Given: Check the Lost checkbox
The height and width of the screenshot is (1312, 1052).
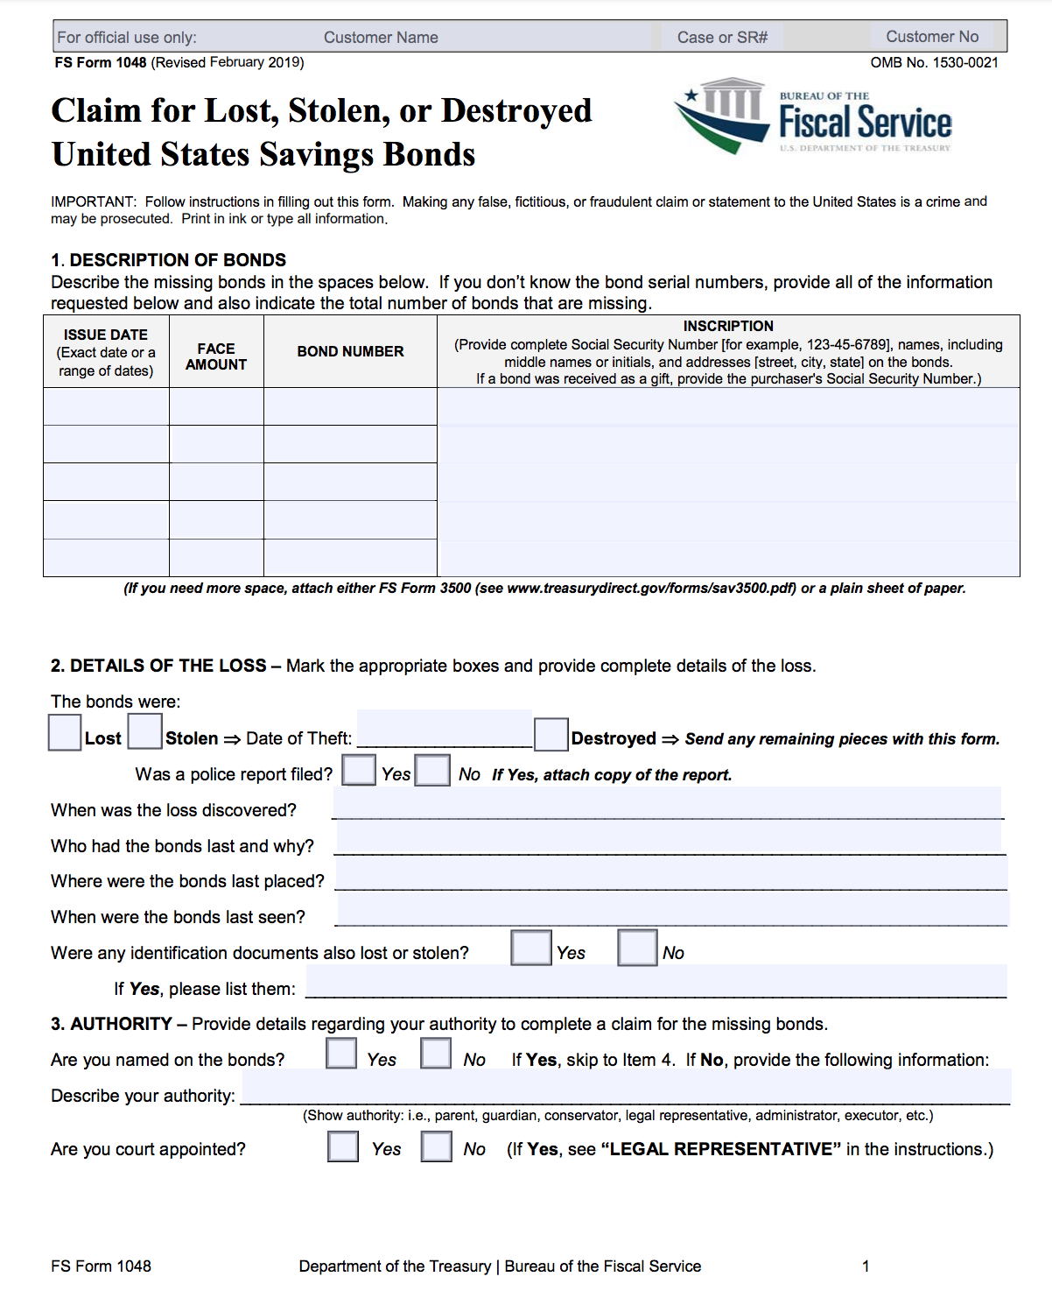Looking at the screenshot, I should [x=65, y=733].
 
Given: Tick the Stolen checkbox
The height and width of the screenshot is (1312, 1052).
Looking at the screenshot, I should [x=145, y=731].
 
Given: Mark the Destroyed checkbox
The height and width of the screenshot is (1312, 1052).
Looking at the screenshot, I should [x=551, y=734].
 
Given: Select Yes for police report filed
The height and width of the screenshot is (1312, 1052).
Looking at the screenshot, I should [x=359, y=770].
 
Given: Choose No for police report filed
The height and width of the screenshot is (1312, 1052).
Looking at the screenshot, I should [x=432, y=770].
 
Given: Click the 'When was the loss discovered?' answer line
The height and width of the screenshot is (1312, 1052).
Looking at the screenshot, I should [x=667, y=804].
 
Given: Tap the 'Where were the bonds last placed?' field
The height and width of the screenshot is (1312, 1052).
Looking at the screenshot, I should [x=670, y=875].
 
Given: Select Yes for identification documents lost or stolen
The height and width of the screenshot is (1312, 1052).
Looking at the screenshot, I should [x=531, y=948].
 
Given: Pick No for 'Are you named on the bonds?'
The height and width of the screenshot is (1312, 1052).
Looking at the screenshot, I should [x=436, y=1053].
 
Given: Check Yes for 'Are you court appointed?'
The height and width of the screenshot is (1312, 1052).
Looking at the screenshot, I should [x=343, y=1146].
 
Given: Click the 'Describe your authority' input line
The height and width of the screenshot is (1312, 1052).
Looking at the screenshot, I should [x=625, y=1089].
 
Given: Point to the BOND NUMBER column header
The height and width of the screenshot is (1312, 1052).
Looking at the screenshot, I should [x=350, y=351].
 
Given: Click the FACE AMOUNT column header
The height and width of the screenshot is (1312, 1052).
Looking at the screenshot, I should [x=216, y=356].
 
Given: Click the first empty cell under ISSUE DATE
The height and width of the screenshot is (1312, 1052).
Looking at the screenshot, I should [x=106, y=406].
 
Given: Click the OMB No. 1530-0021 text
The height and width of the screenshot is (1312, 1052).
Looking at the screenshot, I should [x=934, y=62].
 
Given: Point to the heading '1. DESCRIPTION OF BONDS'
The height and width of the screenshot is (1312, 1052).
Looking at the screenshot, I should [x=168, y=260].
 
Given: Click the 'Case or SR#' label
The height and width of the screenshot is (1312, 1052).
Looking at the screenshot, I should [x=722, y=38].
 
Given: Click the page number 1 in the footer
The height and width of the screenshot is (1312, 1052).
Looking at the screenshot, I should [x=866, y=1266].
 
